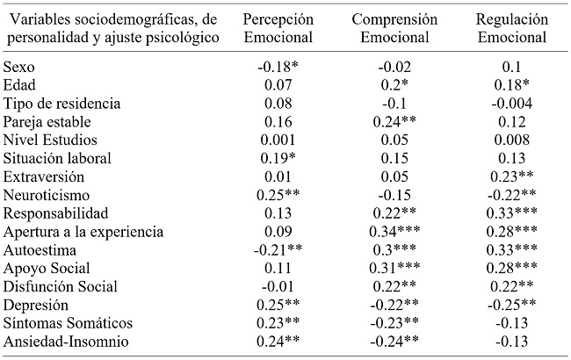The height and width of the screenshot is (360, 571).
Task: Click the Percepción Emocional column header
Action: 280,28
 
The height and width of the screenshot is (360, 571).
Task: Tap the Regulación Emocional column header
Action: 511,28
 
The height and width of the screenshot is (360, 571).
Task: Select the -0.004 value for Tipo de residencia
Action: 511,104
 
